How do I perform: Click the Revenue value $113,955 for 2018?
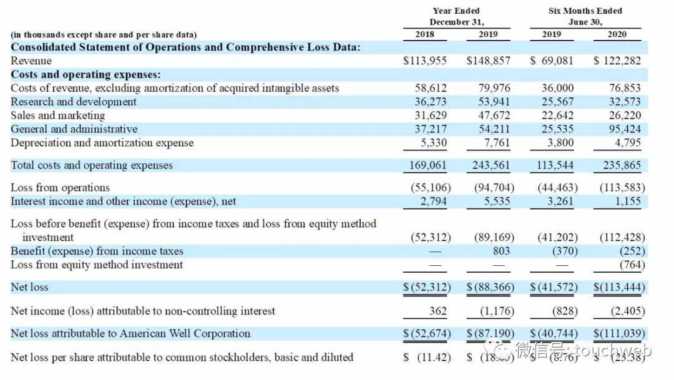426,61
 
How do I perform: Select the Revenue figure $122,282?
618,61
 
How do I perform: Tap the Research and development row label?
74,102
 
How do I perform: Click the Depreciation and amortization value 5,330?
431,143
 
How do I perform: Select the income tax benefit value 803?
501,251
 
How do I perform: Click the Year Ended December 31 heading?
456,16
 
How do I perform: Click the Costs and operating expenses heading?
85,74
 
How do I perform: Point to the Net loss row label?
29,287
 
